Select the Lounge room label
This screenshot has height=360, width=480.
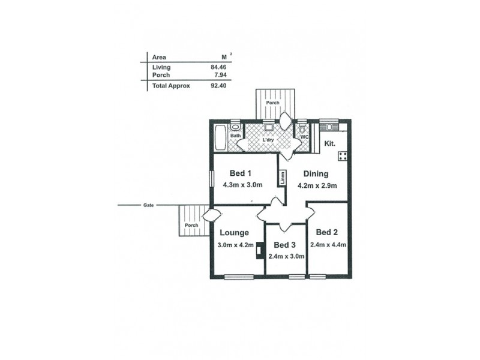tap(234, 233)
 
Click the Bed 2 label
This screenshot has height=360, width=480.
tap(327, 233)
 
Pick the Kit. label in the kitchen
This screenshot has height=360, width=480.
tap(330, 144)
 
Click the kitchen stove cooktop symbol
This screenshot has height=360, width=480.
tap(343, 157)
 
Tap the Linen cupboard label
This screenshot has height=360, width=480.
tap(281, 178)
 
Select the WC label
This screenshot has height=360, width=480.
tap(304, 137)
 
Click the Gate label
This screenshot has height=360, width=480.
tap(148, 205)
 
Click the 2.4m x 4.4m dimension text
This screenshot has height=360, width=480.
tap(328, 245)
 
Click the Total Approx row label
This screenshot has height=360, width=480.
tap(171, 86)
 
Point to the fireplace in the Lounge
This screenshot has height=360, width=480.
tap(259, 250)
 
